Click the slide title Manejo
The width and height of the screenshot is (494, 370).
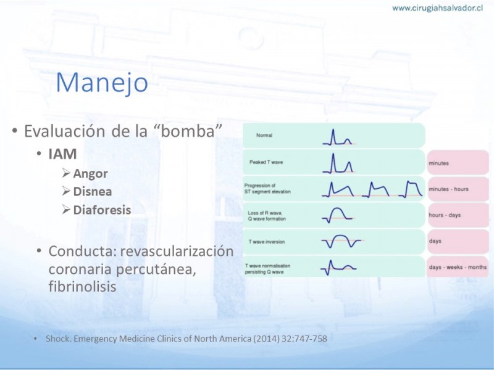(x=102, y=83)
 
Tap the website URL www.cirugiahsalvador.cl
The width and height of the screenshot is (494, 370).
(x=438, y=8)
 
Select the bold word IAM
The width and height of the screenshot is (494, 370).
(x=63, y=154)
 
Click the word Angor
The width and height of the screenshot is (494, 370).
(x=90, y=174)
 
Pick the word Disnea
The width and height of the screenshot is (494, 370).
(x=93, y=192)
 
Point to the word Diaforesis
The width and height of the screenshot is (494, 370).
(x=102, y=210)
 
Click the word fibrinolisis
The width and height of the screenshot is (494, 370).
(x=83, y=287)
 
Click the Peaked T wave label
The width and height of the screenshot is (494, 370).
(x=266, y=162)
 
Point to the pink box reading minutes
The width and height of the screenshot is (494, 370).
(x=458, y=162)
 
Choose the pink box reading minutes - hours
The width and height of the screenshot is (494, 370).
(x=458, y=189)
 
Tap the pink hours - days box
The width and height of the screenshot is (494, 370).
(x=458, y=215)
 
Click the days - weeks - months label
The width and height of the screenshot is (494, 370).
(x=458, y=267)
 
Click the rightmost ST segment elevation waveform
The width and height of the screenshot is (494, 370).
(x=411, y=189)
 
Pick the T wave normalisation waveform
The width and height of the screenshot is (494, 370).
(x=338, y=268)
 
